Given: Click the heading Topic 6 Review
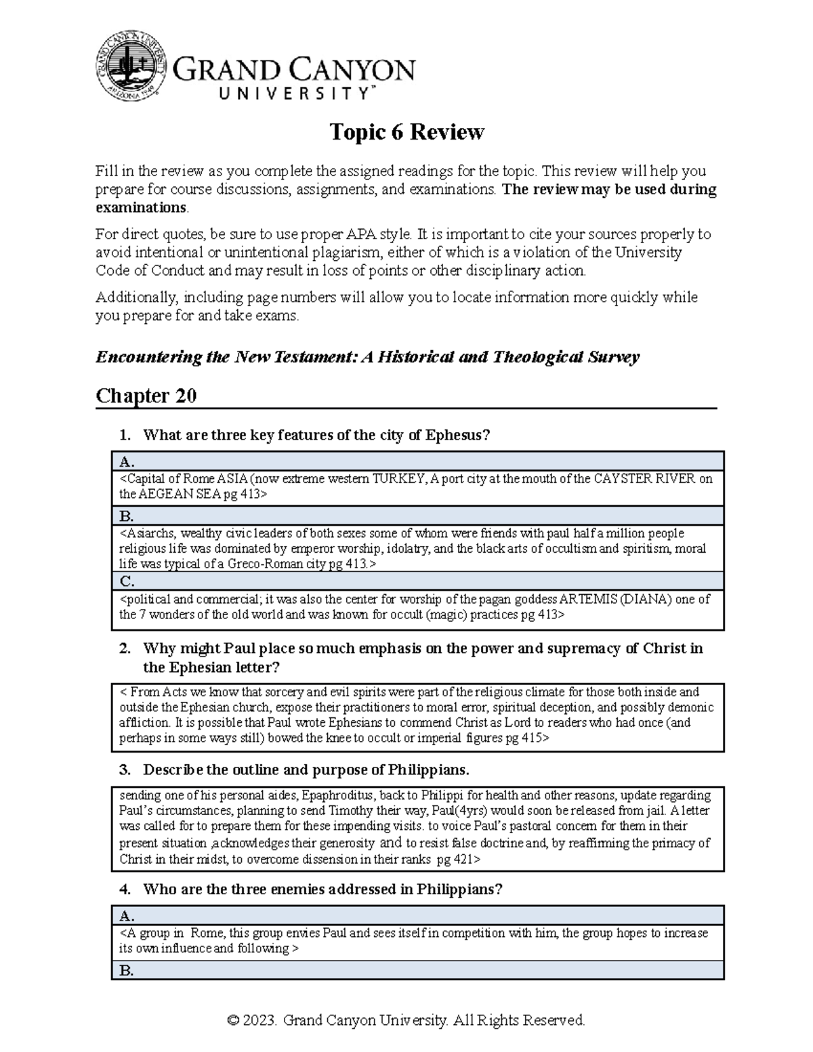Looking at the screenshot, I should click(x=406, y=132).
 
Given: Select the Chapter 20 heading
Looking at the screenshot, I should click(x=146, y=396).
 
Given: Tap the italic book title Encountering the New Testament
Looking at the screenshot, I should click(x=224, y=357).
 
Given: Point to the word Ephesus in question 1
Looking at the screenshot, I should click(x=453, y=436).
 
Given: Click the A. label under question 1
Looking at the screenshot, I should click(x=127, y=462).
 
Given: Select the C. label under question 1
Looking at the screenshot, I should click(x=127, y=581).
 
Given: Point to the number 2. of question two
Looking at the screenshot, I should click(x=125, y=649).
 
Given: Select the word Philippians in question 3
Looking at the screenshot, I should click(x=426, y=770).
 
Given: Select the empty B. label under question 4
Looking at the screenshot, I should click(x=127, y=971).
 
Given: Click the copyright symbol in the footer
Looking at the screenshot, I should click(x=234, y=1020).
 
